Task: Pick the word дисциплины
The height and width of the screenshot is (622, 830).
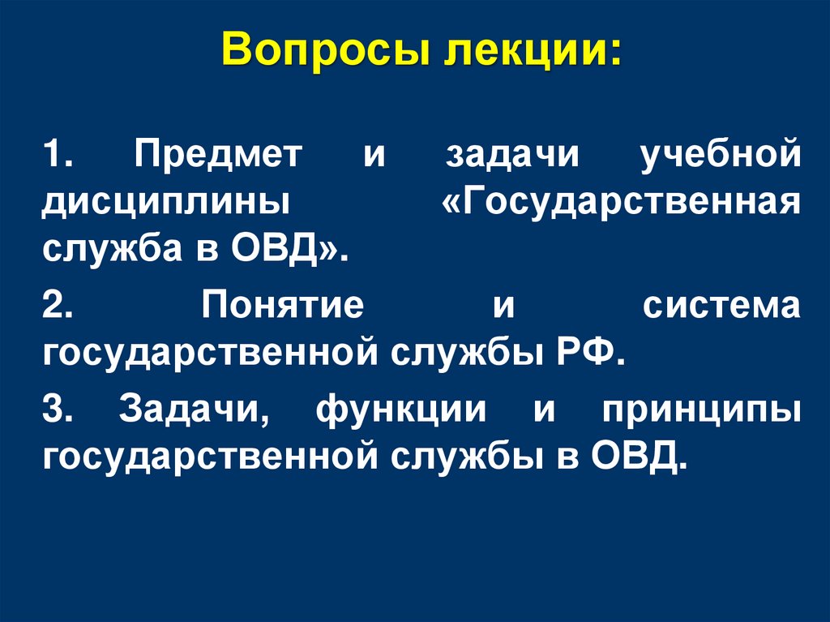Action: [167, 199]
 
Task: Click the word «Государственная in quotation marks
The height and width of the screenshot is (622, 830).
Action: [621, 199]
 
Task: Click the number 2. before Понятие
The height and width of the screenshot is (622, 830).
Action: [60, 307]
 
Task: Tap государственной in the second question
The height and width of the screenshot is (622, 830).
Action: [201, 352]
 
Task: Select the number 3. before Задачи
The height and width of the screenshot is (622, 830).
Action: [59, 411]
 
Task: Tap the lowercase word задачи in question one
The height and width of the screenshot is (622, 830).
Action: [512, 155]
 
